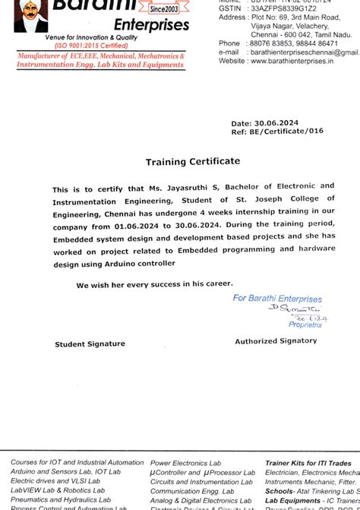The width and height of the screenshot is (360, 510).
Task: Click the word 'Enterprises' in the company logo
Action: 151,25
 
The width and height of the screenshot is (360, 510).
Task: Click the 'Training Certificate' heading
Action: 193,161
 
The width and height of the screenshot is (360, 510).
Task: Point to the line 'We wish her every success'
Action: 154,284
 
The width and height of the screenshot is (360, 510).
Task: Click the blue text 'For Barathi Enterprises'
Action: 277,299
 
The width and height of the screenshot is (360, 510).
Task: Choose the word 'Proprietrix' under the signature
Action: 305,325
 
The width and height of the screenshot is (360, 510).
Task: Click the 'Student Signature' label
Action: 90,344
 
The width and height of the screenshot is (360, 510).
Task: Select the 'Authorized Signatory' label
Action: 276,341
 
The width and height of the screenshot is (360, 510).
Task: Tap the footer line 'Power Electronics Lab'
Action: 186,462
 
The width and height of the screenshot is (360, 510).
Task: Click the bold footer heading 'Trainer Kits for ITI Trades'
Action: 308,462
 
